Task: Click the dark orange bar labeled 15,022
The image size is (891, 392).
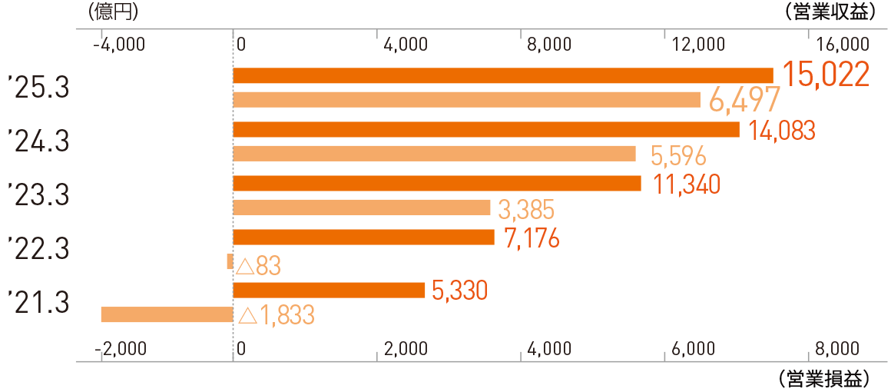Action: (x=502, y=75)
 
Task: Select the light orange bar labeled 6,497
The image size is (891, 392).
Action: (x=466, y=100)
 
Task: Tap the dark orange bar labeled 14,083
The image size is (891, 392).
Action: (x=485, y=129)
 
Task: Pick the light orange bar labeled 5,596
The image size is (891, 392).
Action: (x=434, y=154)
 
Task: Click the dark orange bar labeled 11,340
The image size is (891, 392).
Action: (x=436, y=183)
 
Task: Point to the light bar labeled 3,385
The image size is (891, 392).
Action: (x=361, y=208)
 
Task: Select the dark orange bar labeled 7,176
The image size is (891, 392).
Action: (x=363, y=237)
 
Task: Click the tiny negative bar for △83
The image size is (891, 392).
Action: (x=230, y=261)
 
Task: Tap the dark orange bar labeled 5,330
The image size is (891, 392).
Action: (x=329, y=290)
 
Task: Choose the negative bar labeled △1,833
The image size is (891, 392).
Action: (x=167, y=314)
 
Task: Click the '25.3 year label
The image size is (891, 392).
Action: (x=38, y=88)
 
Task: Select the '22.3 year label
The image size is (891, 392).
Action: (x=38, y=249)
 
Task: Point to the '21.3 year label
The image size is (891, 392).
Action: (x=38, y=302)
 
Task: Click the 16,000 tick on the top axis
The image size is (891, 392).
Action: (x=843, y=44)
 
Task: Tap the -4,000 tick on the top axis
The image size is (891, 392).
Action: (x=118, y=44)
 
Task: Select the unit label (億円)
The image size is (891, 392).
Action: (x=113, y=12)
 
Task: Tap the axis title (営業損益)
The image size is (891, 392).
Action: (x=823, y=379)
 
